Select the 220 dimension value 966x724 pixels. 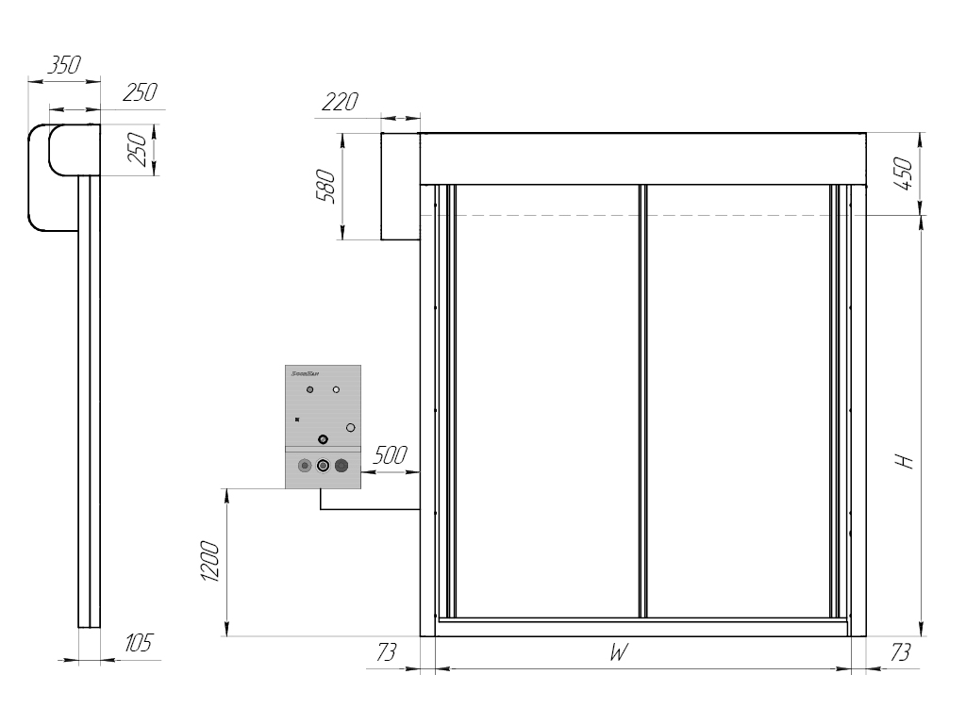click(340, 102)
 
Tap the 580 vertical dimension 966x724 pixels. click(326, 187)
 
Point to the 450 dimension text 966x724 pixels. click(903, 174)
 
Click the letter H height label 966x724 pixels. click(904, 462)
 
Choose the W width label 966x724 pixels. click(618, 653)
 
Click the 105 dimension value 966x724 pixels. click(138, 644)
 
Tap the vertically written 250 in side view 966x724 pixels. click(137, 149)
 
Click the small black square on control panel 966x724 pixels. click(297, 419)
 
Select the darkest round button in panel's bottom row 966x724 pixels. click(341, 466)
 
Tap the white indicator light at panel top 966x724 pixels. click(336, 389)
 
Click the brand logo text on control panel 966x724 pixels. click(302, 373)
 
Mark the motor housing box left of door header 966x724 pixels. click(400, 187)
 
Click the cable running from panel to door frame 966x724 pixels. click(368, 509)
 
